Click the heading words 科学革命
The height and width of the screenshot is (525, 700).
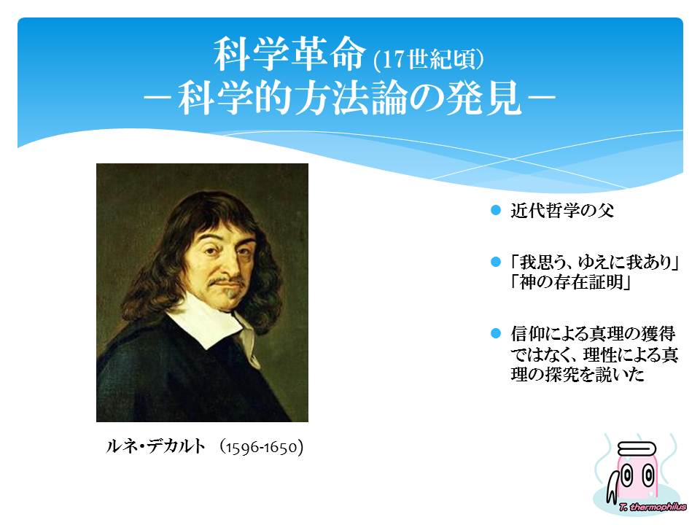pyautogui.click(x=289, y=54)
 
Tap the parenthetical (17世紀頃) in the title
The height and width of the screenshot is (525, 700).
pyautogui.click(x=429, y=59)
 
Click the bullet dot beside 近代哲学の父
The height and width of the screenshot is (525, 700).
pyautogui.click(x=496, y=210)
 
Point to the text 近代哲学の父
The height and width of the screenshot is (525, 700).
pyautogui.click(x=562, y=210)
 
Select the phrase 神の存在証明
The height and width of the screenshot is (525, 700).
pyautogui.click(x=571, y=282)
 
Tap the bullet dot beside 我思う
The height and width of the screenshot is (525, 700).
pyautogui.click(x=496, y=262)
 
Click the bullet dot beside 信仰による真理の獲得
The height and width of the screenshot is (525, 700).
pyautogui.click(x=496, y=333)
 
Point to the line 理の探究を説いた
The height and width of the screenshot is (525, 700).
pyautogui.click(x=577, y=374)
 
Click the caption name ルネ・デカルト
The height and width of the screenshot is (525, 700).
pyautogui.click(x=155, y=446)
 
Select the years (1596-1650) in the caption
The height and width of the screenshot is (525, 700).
pyautogui.click(x=262, y=447)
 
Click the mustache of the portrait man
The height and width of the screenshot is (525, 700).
pyautogui.click(x=227, y=281)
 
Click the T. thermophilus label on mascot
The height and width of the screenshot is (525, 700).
pyautogui.click(x=653, y=507)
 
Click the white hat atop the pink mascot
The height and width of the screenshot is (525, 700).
pyautogui.click(x=637, y=448)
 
